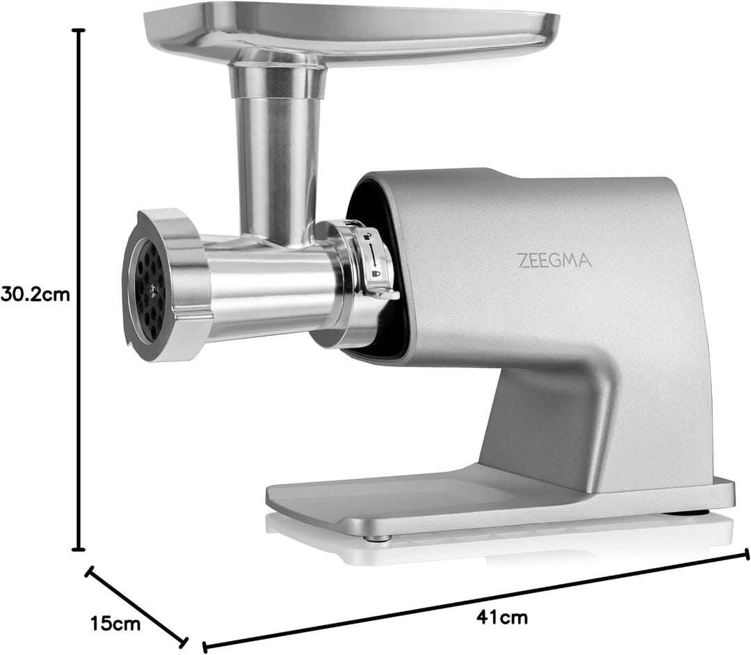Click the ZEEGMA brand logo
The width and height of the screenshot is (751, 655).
tap(555, 261)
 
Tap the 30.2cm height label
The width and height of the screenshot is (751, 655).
tap(35, 294)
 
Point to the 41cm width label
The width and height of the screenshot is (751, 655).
tap(502, 617)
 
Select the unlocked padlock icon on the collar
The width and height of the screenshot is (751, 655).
tap(366, 236)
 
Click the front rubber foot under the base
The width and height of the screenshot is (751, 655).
tap(377, 538)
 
